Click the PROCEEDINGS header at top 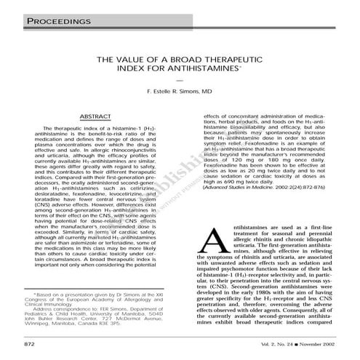[x=57, y=22]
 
